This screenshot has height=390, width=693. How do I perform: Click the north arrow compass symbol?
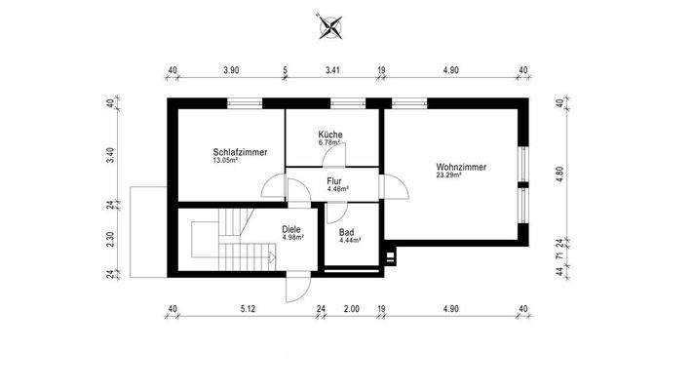(330, 27)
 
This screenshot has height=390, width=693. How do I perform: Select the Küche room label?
(330, 135)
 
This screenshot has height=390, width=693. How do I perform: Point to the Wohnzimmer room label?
(461, 167)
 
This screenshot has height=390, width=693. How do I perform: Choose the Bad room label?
(347, 232)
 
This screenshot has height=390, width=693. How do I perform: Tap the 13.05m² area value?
(226, 161)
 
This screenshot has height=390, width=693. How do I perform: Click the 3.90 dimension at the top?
(231, 71)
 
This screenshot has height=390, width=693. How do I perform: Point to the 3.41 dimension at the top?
(332, 71)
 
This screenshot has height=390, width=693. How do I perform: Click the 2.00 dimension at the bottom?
(352, 309)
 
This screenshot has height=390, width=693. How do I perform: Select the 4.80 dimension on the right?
(559, 171)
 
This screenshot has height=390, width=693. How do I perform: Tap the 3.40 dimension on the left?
(111, 154)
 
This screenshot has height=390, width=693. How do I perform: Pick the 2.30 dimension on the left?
(111, 239)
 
